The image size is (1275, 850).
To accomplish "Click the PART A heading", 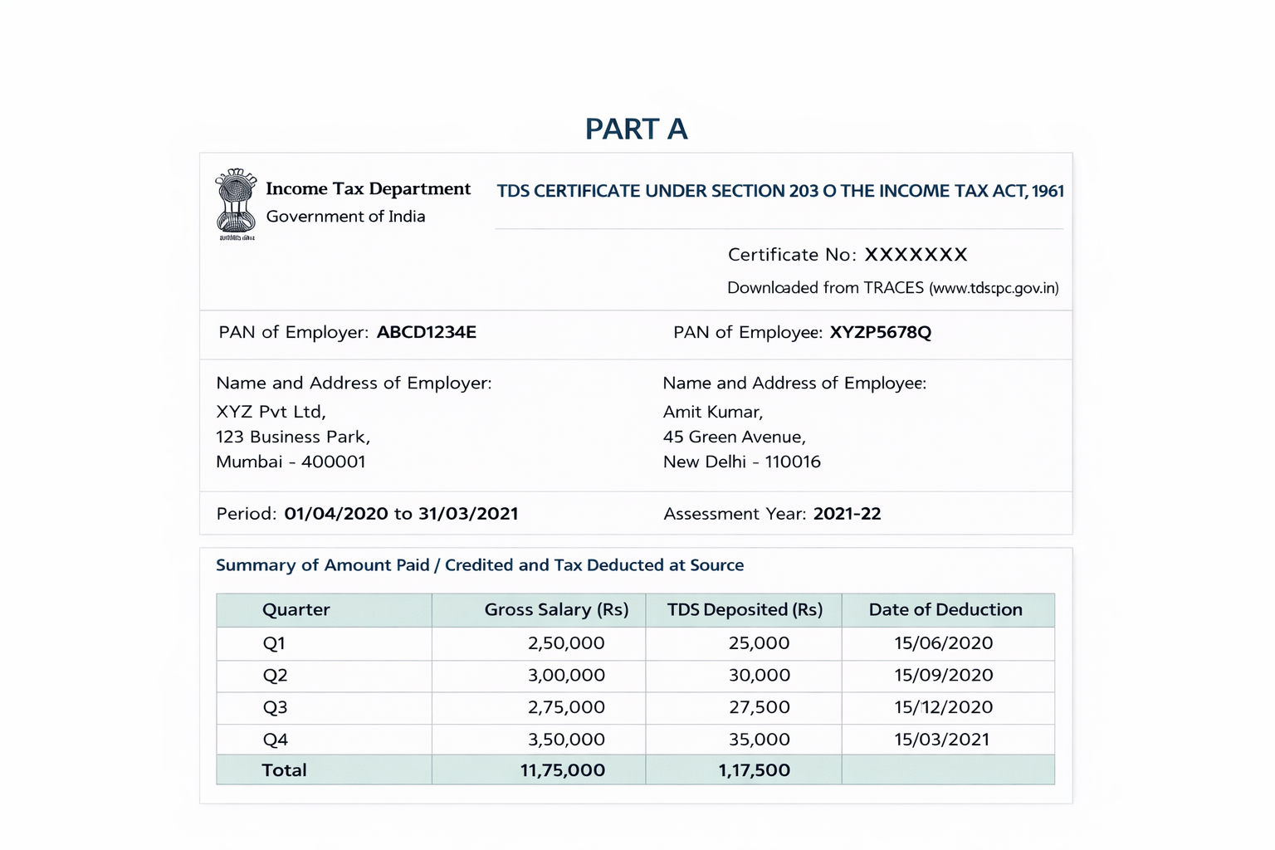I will (636, 129).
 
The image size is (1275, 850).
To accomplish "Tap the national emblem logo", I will (236, 203).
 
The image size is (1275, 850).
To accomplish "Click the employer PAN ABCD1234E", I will (426, 333).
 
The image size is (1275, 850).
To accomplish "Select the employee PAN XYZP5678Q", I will (880, 333).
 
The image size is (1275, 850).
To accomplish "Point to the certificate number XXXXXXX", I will (916, 255).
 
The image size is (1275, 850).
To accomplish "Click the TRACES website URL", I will (994, 288).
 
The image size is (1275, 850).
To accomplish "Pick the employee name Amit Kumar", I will (712, 412).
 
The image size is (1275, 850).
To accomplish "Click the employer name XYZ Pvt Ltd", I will (271, 412).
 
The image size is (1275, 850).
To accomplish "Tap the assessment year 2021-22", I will (847, 514).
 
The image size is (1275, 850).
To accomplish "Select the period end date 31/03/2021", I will (468, 514).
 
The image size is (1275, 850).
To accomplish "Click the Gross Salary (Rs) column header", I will (556, 610).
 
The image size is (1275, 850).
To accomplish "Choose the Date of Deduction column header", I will (945, 610).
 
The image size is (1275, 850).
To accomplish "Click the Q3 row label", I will (275, 707).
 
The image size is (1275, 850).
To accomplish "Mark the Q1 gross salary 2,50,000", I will (566, 643).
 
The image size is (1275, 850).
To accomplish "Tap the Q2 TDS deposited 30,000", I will (759, 676).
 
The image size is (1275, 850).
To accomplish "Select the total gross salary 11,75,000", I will (562, 770).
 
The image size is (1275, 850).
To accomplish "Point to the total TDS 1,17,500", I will (754, 770).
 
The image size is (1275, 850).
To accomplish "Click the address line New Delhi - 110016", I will (741, 462).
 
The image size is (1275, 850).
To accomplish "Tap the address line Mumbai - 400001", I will (291, 462).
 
